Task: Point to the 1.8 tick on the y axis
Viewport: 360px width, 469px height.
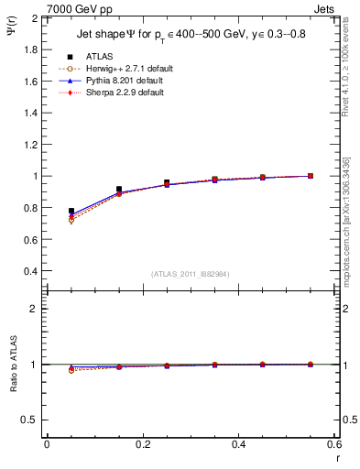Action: tap(30, 49)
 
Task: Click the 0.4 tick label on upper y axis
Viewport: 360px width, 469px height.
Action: tap(30, 271)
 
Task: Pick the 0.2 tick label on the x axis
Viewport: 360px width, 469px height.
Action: tap(143, 444)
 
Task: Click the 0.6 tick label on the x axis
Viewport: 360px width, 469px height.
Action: tap(335, 444)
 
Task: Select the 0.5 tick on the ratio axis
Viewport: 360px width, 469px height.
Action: tap(30, 420)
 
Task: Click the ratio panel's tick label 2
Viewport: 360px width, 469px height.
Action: tap(34, 309)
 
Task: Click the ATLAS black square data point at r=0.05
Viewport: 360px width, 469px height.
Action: tap(71, 211)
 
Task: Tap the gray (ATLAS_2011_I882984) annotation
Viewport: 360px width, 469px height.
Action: tap(190, 274)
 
